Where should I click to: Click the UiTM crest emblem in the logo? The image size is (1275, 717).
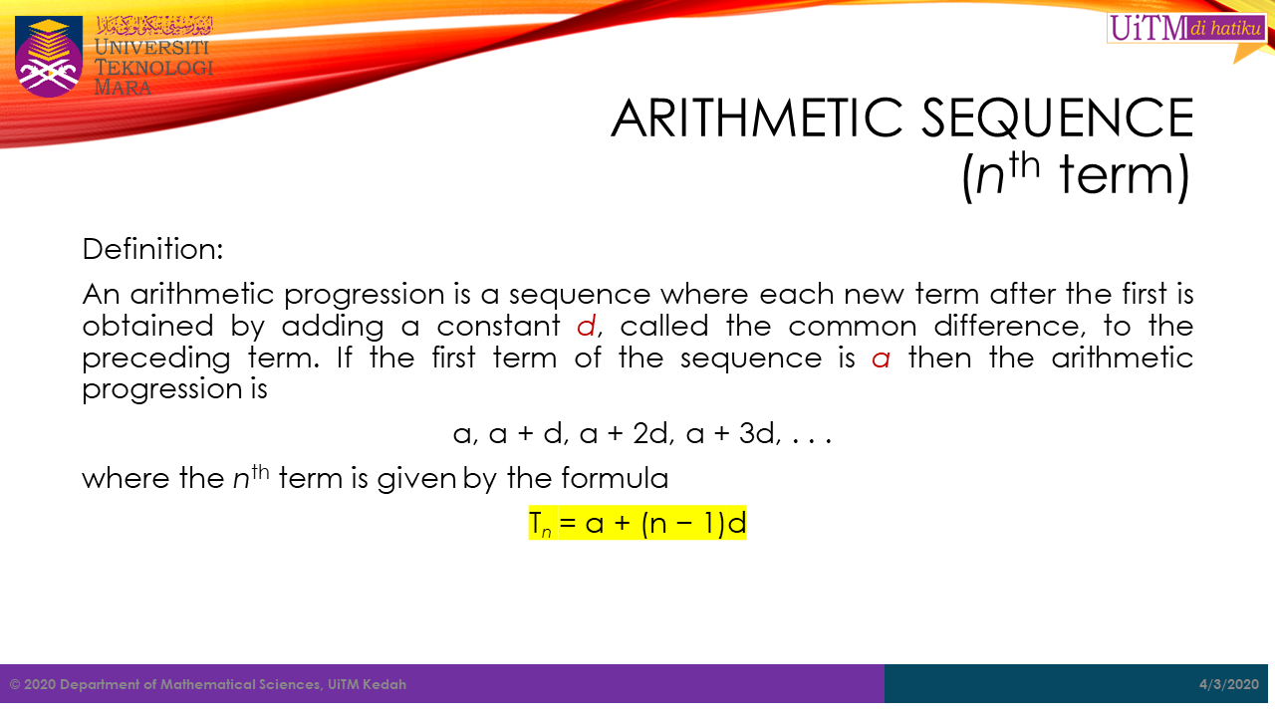(49, 57)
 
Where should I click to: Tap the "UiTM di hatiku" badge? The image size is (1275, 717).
(1186, 28)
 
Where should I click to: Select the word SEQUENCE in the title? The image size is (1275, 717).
(1058, 118)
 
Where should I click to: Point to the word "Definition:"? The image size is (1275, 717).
(152, 249)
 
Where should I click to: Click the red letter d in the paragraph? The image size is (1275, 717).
(587, 326)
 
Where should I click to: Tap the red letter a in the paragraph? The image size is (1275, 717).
(881, 358)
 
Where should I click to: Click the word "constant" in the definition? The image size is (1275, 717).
(499, 326)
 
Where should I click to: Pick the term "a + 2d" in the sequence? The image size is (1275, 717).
(624, 433)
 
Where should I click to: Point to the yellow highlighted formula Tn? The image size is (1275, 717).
(637, 523)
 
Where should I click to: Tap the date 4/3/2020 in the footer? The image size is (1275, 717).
(1229, 684)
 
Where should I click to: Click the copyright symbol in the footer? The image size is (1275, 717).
(15, 684)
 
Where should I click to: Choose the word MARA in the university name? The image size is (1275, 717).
(123, 88)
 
